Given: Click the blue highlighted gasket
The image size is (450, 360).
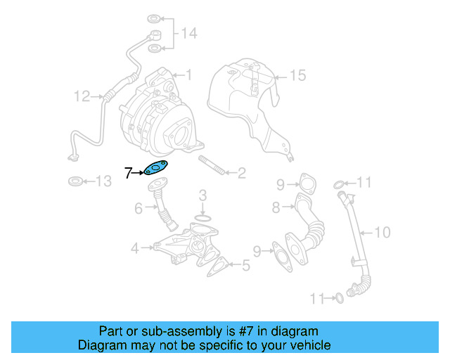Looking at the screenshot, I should pos(156,169).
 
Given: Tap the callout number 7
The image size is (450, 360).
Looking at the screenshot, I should pos(128,172).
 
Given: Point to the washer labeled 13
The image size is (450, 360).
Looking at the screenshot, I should pos(75,182).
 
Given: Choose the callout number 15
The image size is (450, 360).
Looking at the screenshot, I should pos(298,75).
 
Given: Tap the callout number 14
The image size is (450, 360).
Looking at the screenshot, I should pos(190,33).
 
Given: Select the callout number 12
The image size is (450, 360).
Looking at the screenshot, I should pos(82,96).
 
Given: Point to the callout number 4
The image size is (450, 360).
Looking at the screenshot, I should pos(134,247).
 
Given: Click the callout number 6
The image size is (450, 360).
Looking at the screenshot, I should pos(139,208).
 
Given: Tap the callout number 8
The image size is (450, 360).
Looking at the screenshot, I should pos(276,207).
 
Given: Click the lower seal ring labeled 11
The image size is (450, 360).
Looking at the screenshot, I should pos(338,298).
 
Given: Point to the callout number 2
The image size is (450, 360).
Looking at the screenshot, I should pos(240,173).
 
